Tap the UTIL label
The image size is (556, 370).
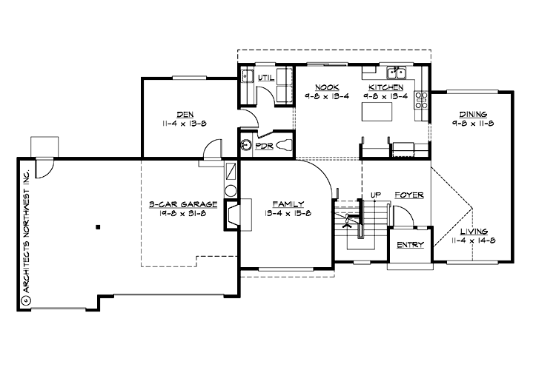[266, 77]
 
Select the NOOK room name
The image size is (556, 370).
[327, 87]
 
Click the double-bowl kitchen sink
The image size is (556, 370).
[397, 72]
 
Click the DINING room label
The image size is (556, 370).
[472, 114]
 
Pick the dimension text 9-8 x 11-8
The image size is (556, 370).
[472, 124]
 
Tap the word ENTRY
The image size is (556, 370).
[410, 245]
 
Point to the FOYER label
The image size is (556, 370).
[408, 195]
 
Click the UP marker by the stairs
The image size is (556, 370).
[375, 195]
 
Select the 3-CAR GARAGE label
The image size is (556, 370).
[182, 203]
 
